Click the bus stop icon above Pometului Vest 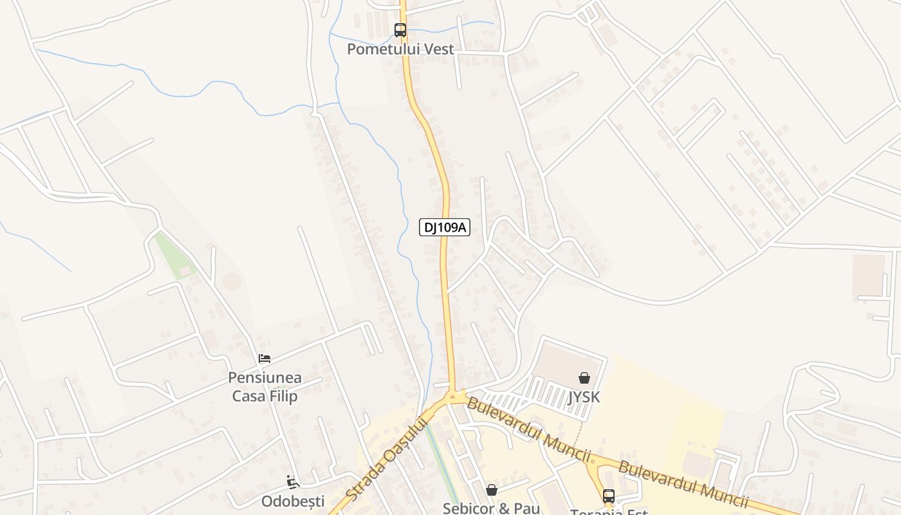400,30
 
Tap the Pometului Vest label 400,49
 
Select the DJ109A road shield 444,227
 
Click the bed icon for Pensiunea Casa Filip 265,359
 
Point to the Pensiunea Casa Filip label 265,386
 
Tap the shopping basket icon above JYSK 584,378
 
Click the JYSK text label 584,397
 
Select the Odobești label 293,501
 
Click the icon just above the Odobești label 293,482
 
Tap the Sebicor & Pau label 491,508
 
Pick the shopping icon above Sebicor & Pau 492,490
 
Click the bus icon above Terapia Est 609,496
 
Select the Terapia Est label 609,512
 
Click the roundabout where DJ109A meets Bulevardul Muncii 456,396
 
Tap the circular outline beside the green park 232,281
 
